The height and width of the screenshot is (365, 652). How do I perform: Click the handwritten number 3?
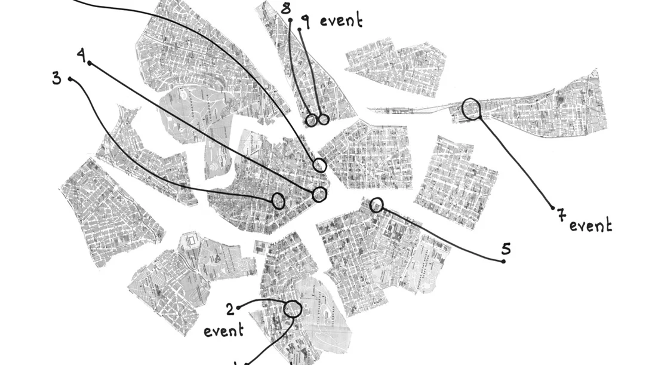[x=56, y=78]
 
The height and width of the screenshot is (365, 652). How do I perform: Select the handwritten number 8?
[x=286, y=8]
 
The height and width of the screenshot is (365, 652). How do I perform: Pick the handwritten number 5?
[x=506, y=247]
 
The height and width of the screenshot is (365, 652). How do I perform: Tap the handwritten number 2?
[x=230, y=309]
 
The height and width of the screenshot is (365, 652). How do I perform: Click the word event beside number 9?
[x=341, y=20]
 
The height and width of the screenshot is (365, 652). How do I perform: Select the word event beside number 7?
[x=591, y=226]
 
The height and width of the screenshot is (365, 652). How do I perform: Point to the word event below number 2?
[x=224, y=330]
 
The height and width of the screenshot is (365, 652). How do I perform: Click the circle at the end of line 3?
[x=278, y=201]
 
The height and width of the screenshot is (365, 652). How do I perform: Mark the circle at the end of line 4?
[x=320, y=194]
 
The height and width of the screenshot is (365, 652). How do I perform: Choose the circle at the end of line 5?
[x=376, y=205]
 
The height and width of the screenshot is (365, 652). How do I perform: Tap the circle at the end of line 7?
[x=472, y=109]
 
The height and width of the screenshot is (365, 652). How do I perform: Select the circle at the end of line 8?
[x=311, y=121]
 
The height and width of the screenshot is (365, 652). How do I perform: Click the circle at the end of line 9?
[x=324, y=119]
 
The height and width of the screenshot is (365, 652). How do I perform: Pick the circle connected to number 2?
[x=293, y=308]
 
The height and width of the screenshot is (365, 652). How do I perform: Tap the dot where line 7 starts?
[x=553, y=208]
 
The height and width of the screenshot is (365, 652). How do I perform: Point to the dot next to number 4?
[x=90, y=63]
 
